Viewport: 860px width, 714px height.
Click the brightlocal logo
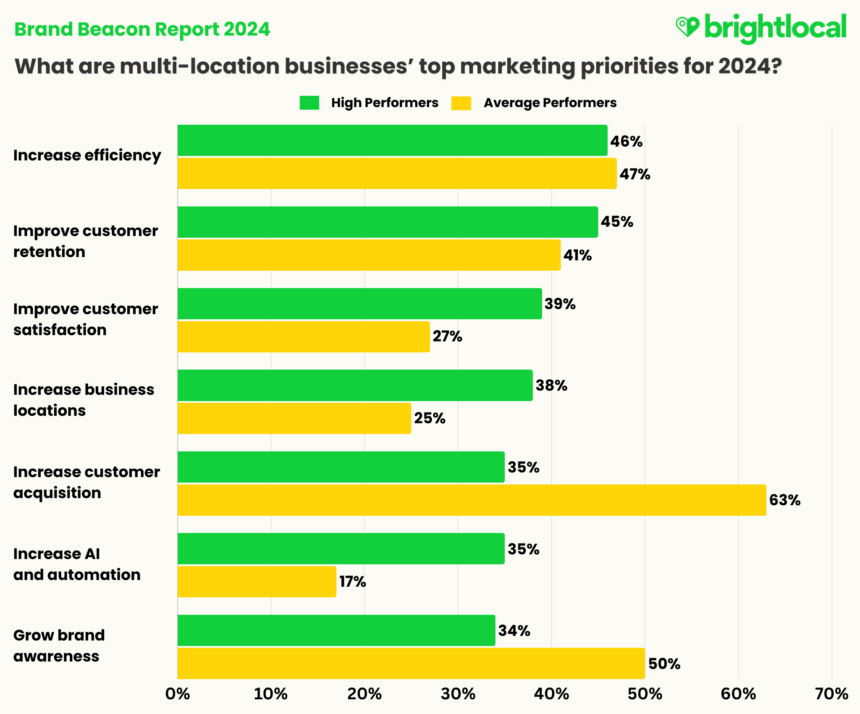761,27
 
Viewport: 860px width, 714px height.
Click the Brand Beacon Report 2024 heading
141,28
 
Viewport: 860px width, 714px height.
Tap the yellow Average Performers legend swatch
461,102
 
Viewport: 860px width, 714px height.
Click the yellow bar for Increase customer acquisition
471,499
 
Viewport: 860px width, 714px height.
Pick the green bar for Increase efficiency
392,141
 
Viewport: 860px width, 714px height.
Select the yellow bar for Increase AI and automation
257,581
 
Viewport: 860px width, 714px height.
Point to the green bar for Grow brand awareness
336,631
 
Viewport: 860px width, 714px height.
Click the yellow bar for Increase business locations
294,418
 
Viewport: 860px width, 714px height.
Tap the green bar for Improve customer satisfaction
359,304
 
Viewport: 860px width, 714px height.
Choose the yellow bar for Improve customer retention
369,255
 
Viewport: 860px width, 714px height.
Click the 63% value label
785,500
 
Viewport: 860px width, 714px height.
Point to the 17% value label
352,582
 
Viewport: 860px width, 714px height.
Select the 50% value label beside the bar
664,663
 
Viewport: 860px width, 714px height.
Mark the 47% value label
634,174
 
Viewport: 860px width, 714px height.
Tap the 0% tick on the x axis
178,693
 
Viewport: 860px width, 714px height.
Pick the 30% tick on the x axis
457,693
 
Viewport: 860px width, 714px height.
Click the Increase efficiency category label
86,155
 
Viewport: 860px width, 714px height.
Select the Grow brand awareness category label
59,646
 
